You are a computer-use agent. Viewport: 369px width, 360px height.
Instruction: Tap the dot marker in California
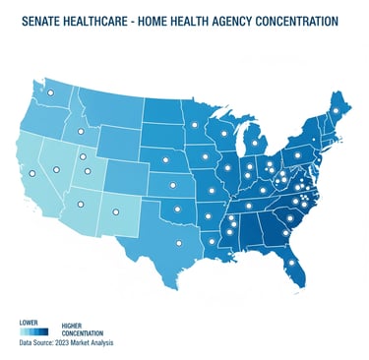click(x=31, y=173)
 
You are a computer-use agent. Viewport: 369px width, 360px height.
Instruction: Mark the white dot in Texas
click(x=178, y=245)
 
